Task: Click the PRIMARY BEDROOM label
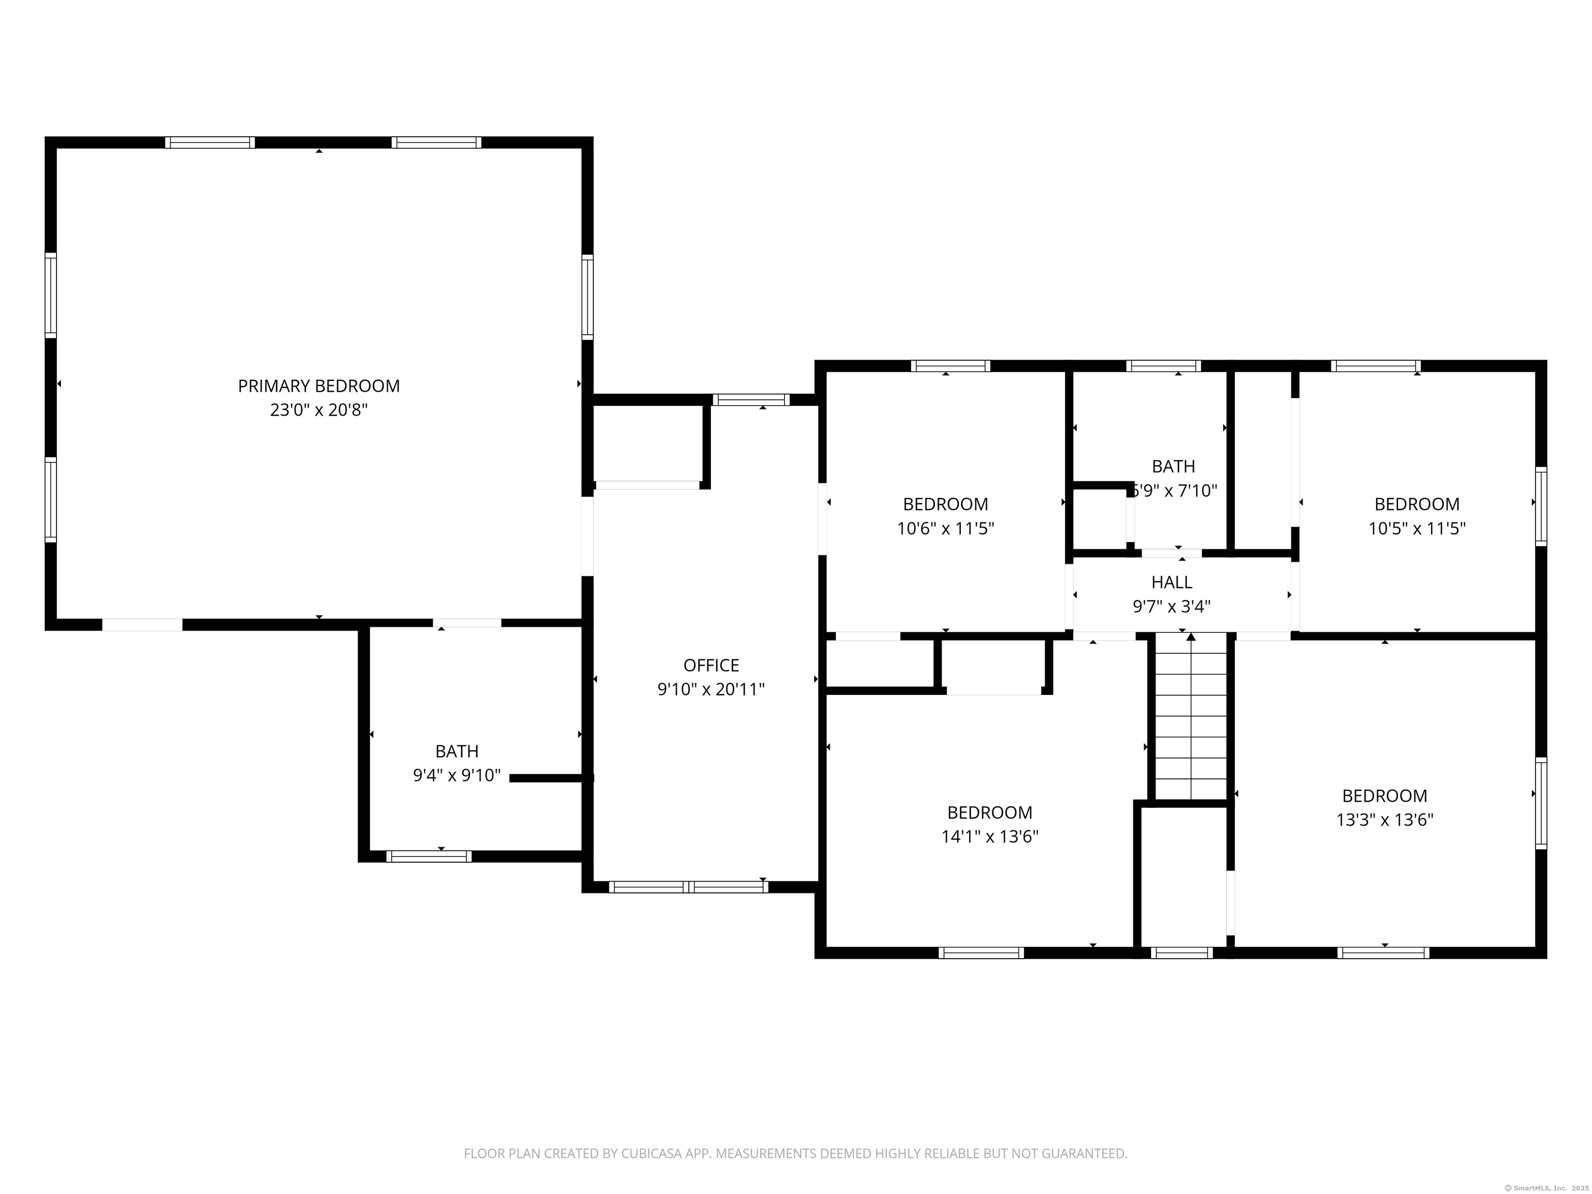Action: point(319,386)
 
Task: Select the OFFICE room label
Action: point(711,665)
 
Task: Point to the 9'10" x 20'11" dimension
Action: point(711,689)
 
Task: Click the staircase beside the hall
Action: point(1191,720)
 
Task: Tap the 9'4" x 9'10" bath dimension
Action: point(457,776)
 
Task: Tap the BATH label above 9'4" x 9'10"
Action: point(457,751)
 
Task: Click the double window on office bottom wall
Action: point(689,887)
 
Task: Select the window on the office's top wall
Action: point(751,400)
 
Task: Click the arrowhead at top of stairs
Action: point(1191,637)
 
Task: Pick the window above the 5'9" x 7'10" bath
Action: point(1163,366)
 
